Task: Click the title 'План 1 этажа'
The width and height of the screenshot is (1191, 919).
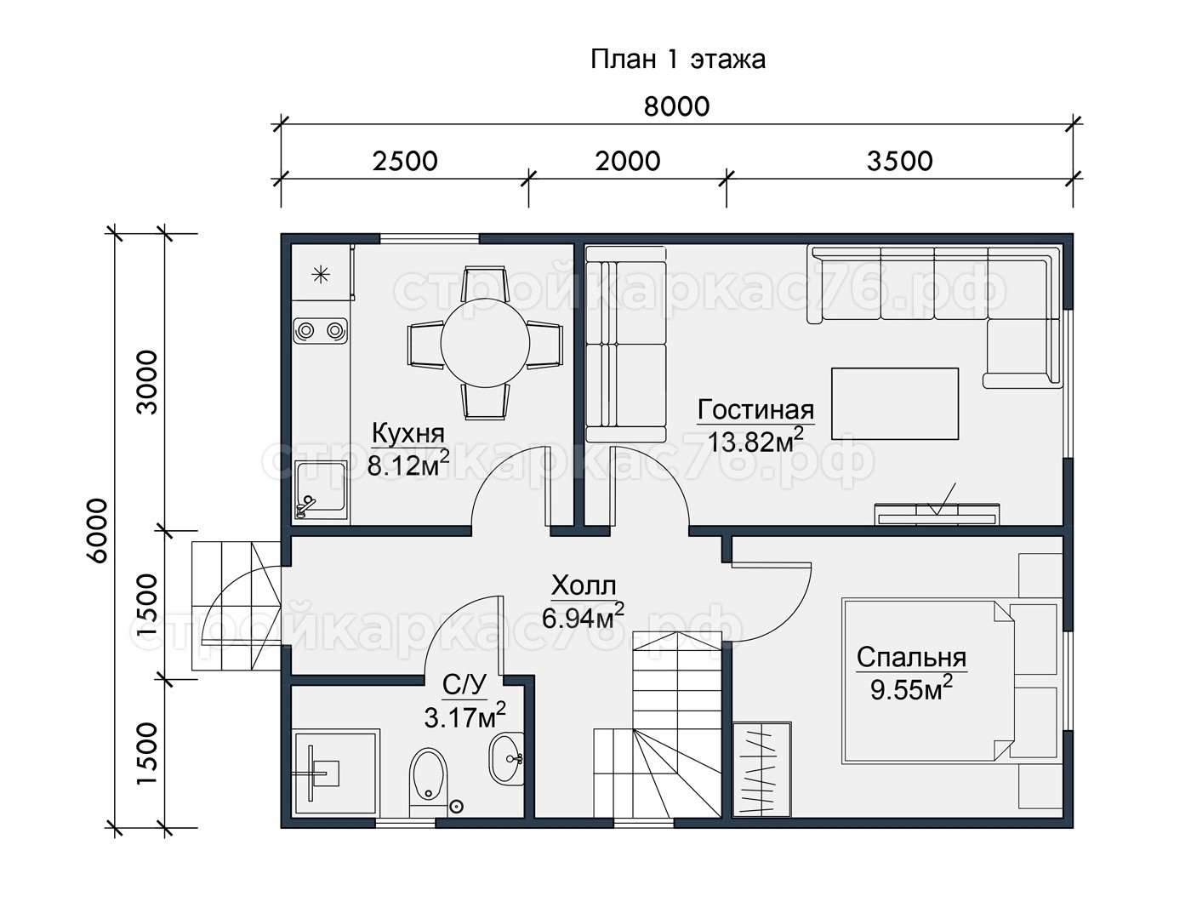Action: (677, 60)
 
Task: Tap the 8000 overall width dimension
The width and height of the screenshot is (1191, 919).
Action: (677, 106)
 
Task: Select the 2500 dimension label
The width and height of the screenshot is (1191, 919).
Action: (405, 161)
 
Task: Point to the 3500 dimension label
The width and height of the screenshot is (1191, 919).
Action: (899, 161)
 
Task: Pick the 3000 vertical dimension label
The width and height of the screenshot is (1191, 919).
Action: (147, 383)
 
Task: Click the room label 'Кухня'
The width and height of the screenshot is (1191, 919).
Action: (407, 433)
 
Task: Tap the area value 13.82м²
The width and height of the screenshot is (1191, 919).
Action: (755, 440)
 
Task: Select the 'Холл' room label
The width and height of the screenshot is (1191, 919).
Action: (584, 585)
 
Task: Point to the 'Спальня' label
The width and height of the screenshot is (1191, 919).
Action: (911, 658)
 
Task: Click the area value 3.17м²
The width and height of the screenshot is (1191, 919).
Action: (464, 716)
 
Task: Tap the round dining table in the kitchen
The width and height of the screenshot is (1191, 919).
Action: (485, 344)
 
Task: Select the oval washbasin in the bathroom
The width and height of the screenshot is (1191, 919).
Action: (506, 759)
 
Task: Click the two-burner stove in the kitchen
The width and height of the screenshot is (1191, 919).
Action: (320, 331)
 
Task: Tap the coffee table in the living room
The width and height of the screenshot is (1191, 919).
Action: (894, 403)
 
